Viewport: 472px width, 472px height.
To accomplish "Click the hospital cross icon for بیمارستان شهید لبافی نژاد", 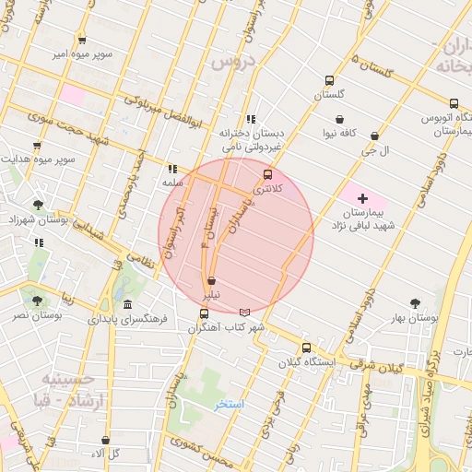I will point(362,198).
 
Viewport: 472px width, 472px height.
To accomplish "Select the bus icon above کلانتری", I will point(268,174).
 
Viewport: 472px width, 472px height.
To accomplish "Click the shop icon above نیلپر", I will point(212,280).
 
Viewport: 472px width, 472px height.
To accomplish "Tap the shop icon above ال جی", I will point(374,136).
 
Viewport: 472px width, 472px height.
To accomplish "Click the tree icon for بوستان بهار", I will point(415,302).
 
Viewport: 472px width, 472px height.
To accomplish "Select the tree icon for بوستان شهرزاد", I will point(37,205).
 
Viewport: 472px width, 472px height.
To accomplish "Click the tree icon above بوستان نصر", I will point(37,300).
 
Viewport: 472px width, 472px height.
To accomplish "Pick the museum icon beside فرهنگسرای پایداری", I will point(126,305).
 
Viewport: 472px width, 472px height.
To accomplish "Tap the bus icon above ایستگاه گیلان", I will point(306,348).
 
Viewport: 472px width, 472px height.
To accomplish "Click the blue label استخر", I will point(229,404).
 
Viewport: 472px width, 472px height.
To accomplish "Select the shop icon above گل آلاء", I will point(105,440).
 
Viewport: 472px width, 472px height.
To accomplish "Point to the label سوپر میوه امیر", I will point(82,54).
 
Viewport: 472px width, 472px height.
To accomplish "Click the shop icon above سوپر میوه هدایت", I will point(37,146).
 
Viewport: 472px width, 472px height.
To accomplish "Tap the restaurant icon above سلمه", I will point(171,169).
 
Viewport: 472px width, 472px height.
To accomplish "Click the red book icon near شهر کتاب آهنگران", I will point(243,313).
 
